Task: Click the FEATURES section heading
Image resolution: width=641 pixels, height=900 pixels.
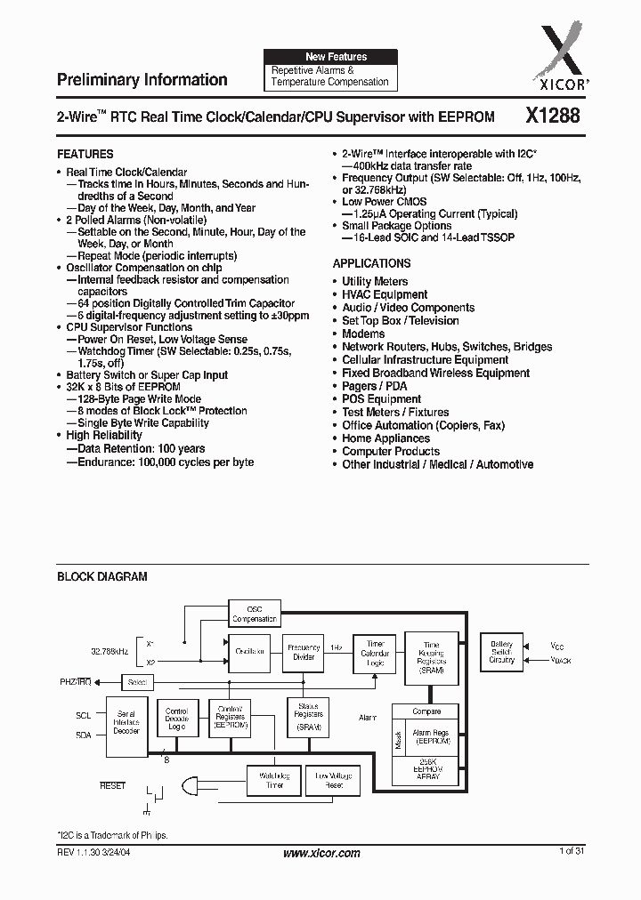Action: [85, 154]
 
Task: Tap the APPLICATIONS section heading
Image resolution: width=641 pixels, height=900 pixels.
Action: [371, 263]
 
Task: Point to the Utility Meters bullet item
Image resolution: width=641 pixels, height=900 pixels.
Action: [375, 281]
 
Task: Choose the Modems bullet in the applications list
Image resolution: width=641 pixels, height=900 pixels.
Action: [363, 333]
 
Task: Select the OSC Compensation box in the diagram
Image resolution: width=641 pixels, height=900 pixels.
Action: [255, 614]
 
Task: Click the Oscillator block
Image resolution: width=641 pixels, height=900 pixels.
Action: [250, 652]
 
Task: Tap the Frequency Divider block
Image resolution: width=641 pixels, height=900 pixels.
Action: [303, 652]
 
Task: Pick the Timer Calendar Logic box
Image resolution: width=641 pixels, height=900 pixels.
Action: [375, 653]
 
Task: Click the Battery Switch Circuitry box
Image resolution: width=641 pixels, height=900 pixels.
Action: [502, 653]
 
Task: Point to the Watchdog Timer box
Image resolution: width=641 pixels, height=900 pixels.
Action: [273, 780]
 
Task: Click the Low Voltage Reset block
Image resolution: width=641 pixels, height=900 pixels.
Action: [334, 780]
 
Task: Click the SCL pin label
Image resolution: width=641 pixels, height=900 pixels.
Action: [84, 714]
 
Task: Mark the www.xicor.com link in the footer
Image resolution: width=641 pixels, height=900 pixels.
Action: [321, 853]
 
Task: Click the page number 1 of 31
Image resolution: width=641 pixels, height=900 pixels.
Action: [571, 852]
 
